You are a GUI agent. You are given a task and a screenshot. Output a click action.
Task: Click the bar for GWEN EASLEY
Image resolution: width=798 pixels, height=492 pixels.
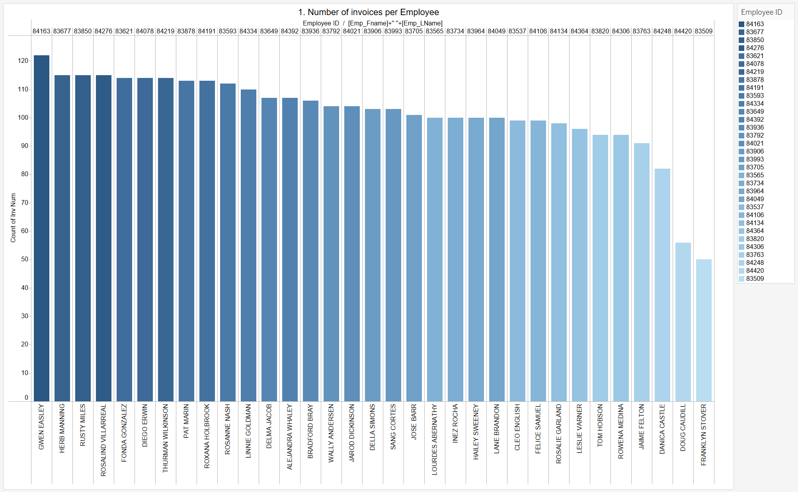(41, 228)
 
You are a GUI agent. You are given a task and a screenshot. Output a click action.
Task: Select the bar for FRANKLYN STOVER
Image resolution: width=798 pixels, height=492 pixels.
(704, 330)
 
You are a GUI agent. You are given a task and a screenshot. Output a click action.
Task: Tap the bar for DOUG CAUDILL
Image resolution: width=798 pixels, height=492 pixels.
(683, 322)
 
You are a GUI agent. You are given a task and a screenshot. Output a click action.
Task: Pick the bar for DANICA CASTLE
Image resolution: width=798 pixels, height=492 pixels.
(662, 285)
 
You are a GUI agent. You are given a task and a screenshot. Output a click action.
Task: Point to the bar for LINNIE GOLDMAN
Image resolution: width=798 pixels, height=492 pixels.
(248, 245)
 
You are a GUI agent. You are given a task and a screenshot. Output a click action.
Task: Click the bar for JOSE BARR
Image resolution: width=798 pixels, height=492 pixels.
(414, 258)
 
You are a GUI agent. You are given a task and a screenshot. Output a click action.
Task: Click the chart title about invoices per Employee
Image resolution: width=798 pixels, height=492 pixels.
(368, 12)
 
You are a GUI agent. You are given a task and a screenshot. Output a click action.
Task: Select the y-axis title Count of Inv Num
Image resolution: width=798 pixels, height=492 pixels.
(13, 218)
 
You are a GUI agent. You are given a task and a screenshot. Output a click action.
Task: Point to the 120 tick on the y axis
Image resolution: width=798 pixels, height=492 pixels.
(23, 61)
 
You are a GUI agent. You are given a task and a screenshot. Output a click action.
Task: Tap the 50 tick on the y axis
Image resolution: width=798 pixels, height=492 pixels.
(25, 259)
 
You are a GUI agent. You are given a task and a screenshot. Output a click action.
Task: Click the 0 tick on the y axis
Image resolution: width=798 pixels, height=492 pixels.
(26, 397)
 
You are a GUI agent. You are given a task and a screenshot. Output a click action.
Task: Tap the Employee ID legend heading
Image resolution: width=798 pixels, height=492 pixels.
(761, 12)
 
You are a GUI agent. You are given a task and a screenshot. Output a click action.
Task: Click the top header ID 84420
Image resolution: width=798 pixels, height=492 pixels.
(683, 31)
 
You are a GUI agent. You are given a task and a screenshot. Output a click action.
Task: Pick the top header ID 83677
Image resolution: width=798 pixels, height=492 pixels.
(62, 31)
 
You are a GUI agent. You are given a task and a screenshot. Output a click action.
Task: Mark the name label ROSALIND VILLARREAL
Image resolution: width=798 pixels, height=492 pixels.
(103, 440)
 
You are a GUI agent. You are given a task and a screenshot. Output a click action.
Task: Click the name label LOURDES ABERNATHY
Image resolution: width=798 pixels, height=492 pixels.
(435, 439)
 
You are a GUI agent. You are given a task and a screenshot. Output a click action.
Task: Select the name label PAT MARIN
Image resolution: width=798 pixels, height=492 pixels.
(186, 421)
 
